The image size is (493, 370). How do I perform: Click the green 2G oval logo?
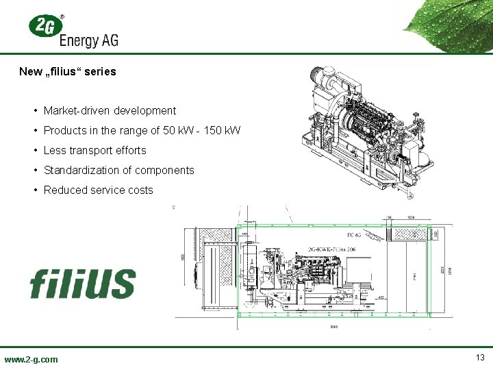(42, 27)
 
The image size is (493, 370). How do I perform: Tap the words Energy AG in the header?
(88, 40)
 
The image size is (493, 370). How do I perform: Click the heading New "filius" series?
(68, 71)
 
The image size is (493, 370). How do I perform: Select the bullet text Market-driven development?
(110, 110)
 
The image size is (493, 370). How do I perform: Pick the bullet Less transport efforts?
(94, 150)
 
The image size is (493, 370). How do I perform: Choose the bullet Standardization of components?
(118, 170)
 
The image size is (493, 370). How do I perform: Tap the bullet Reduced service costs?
(98, 190)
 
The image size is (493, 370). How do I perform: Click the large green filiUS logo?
(82, 282)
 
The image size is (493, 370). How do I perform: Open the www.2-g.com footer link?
(31, 359)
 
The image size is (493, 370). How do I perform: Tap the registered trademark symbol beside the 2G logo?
(63, 16)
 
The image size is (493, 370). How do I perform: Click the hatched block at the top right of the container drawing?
(409, 233)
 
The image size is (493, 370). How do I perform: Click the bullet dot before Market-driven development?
(34, 111)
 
